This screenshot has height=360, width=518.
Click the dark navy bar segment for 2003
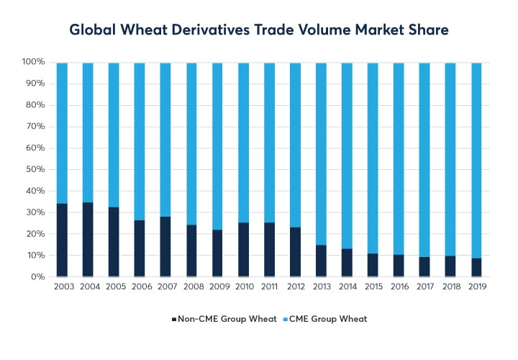[62, 240]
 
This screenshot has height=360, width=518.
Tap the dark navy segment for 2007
[165, 247]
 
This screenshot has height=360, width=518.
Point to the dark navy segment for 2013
[321, 261]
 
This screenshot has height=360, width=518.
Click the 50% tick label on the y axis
[34, 170]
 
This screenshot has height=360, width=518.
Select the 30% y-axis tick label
[34, 213]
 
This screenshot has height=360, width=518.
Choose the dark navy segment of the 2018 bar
[450, 266]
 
